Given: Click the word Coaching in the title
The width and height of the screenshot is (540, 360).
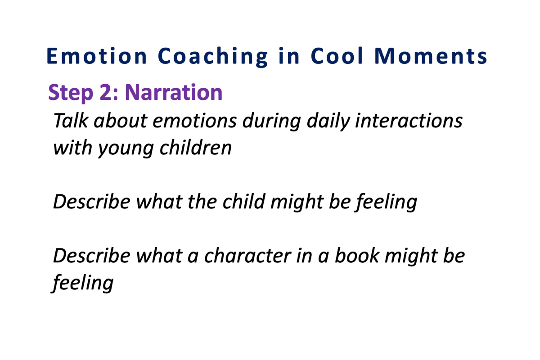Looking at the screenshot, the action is (x=212, y=57).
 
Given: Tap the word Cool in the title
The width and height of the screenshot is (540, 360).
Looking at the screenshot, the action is (x=337, y=56).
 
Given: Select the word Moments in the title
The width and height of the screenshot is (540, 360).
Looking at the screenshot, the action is (x=431, y=56).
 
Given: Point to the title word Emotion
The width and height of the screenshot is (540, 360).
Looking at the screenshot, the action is (x=96, y=56).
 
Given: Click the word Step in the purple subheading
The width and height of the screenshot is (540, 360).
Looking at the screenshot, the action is (x=70, y=93).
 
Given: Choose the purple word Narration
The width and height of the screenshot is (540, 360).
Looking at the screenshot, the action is (x=174, y=92).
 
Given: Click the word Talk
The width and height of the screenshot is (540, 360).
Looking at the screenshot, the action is (x=70, y=120).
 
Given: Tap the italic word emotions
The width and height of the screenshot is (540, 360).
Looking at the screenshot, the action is (x=194, y=121).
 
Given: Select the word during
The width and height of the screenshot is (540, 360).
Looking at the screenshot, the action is (x=272, y=122).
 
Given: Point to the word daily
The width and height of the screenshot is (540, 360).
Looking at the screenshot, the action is (x=328, y=122).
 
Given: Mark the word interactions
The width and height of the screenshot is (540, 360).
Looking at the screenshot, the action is (x=409, y=120).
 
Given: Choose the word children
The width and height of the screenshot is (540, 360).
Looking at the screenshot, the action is (x=195, y=147).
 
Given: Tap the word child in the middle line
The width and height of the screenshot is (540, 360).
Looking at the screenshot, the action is (x=244, y=201).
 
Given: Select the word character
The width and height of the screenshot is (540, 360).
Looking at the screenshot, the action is (x=247, y=256).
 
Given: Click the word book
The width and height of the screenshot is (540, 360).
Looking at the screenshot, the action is (x=357, y=255).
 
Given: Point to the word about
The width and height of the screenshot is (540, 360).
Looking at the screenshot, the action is (x=121, y=120).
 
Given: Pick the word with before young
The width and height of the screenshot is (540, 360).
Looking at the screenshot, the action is (x=72, y=147).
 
